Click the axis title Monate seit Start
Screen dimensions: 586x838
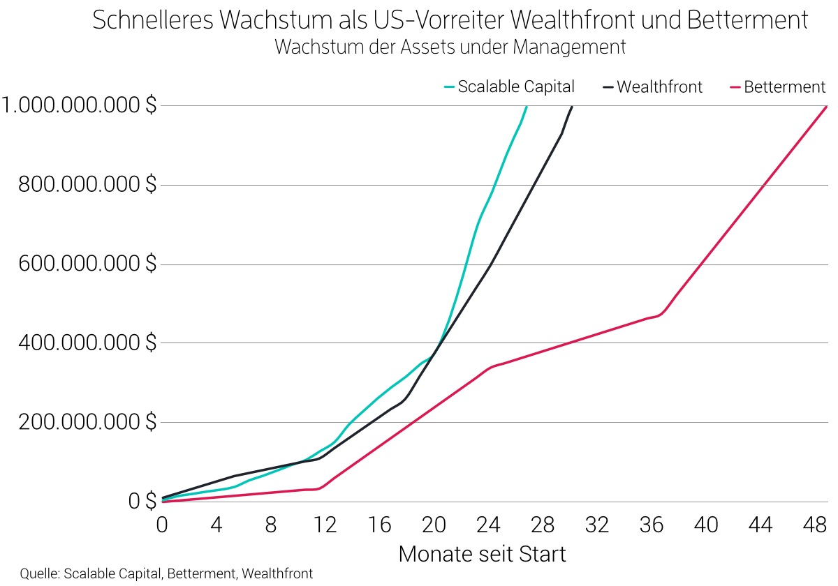(x=482, y=555)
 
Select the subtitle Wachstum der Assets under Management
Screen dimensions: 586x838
(x=450, y=47)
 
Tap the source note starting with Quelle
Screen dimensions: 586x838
(x=166, y=574)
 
